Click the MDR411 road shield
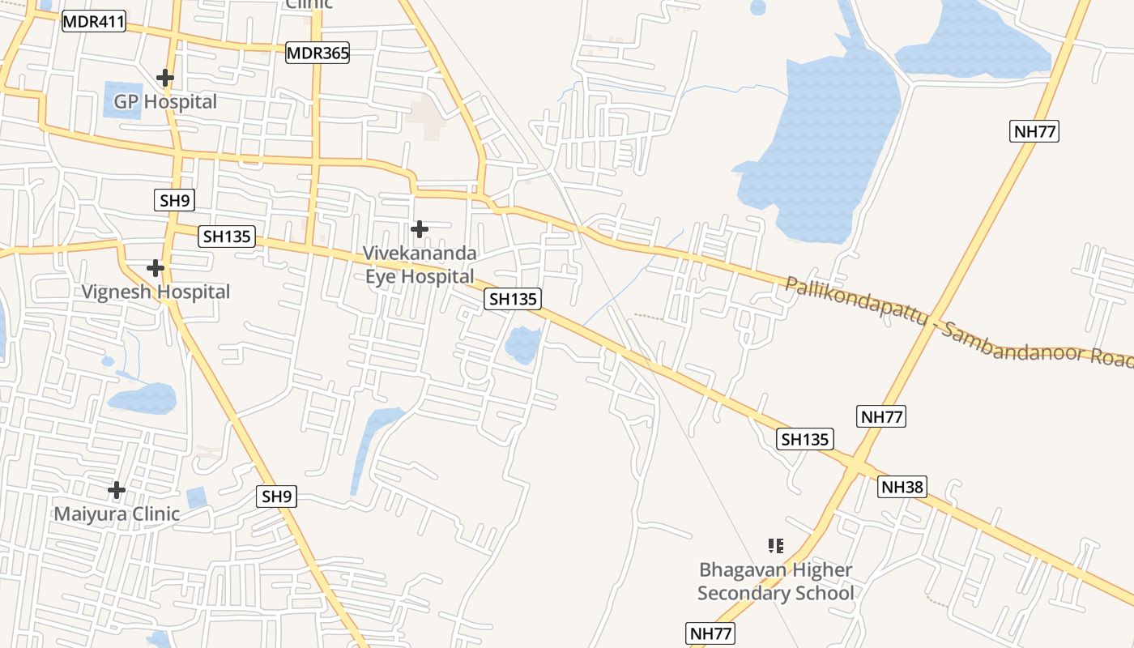pyautogui.click(x=94, y=22)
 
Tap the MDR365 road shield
pyautogui.click(x=318, y=53)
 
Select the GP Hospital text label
pyautogui.click(x=165, y=102)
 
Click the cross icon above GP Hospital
pyautogui.click(x=165, y=78)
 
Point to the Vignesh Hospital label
pyautogui.click(x=156, y=292)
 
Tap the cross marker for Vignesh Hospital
pyautogui.click(x=156, y=267)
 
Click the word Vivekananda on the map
pyautogui.click(x=419, y=254)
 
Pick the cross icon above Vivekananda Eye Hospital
pyautogui.click(x=419, y=229)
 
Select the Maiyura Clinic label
pyautogui.click(x=117, y=514)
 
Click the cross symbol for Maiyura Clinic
pyautogui.click(x=117, y=490)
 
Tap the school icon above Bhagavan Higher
pyautogui.click(x=775, y=546)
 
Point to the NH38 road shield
pyautogui.click(x=902, y=487)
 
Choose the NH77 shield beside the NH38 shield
pyautogui.click(x=881, y=417)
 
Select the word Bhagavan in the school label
pyautogui.click(x=743, y=570)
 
